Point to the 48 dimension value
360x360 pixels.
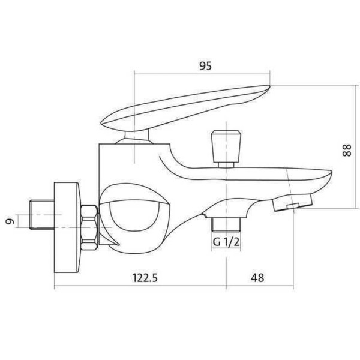258,277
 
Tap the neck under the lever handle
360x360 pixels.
134,139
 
